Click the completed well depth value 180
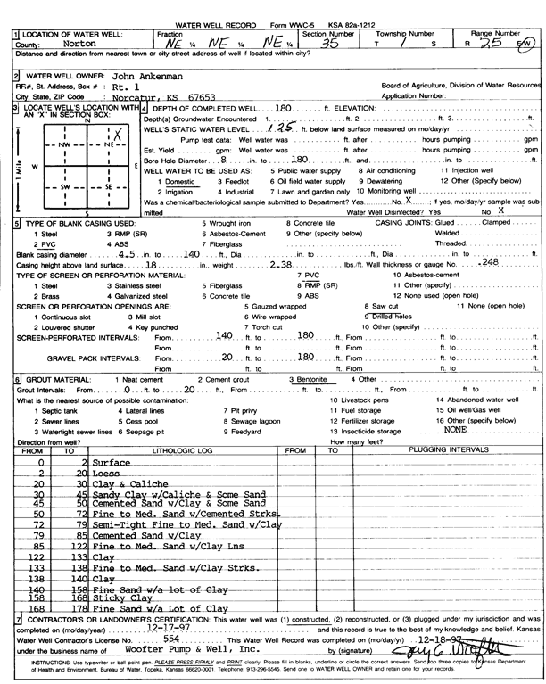coord(285,108)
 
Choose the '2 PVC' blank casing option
coord(45,243)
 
